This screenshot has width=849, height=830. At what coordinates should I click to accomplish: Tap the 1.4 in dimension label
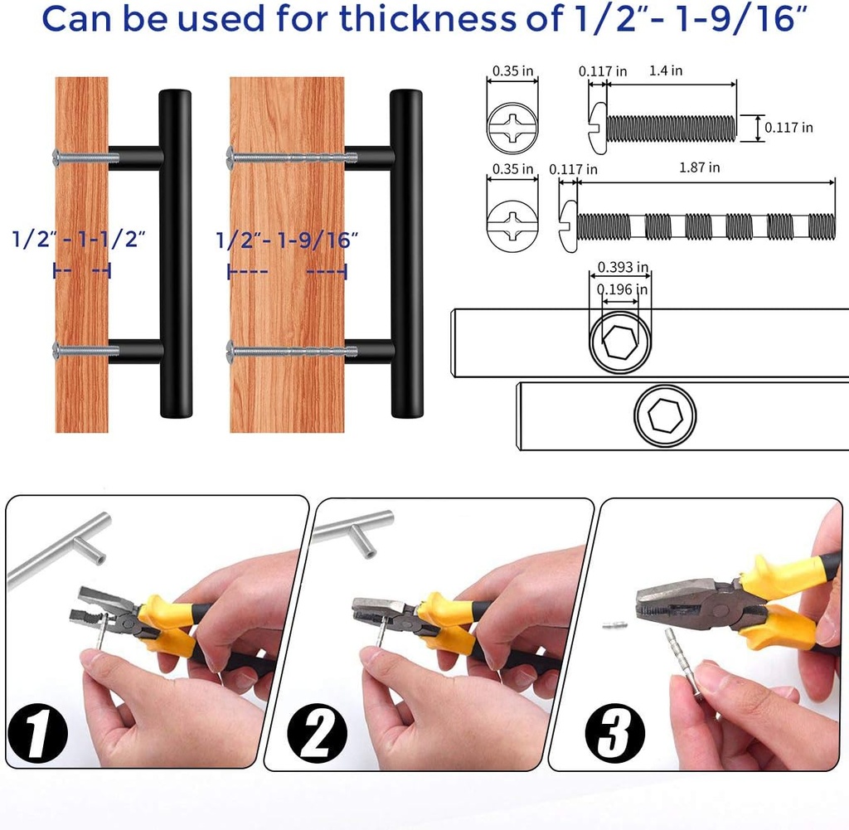point(665,71)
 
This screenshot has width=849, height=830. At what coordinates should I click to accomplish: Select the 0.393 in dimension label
point(619,267)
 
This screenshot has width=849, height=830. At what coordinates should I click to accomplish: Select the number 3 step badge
point(614,730)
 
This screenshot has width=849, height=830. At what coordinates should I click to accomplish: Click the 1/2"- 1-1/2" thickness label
point(80,240)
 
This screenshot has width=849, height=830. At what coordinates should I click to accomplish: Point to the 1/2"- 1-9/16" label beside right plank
point(287,240)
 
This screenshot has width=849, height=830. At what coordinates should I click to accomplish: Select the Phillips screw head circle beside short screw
point(513,129)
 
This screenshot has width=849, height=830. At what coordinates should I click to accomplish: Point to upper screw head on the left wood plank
point(56,154)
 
